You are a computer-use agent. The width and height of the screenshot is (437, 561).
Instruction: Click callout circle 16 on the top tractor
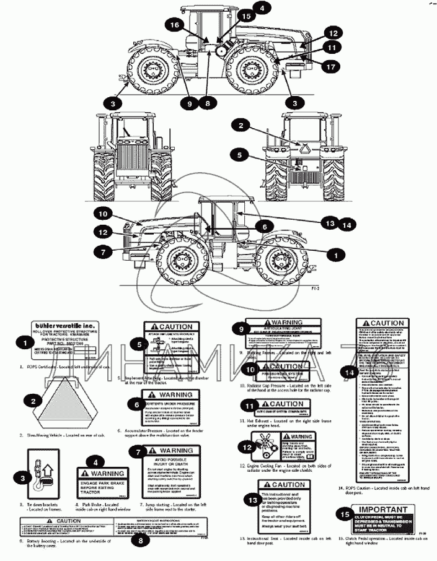(174, 25)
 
